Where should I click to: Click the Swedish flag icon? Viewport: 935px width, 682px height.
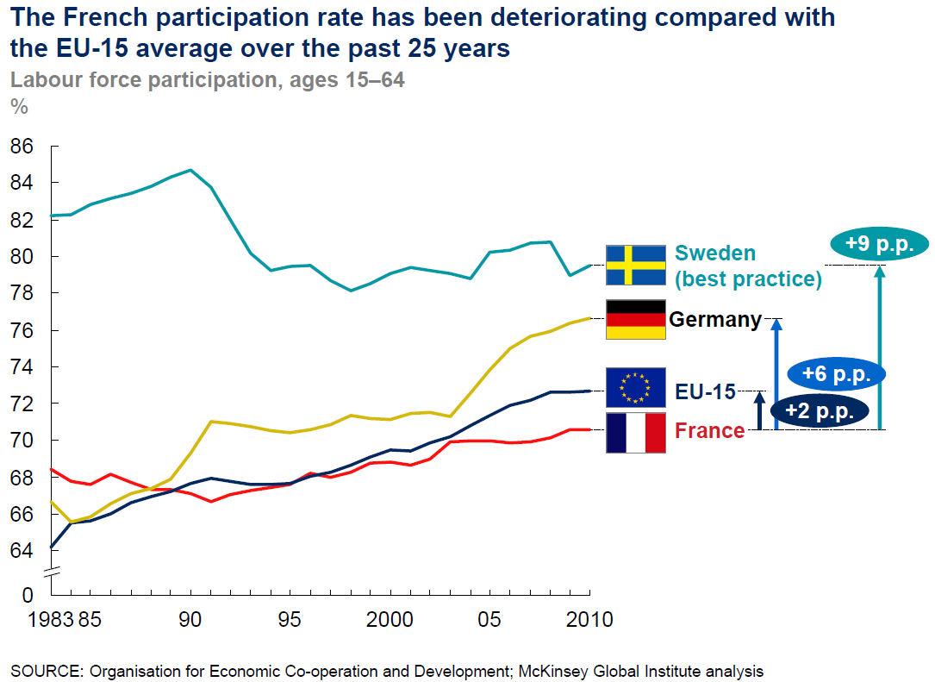pyautogui.click(x=635, y=265)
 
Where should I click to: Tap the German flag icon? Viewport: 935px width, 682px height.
pyautogui.click(x=635, y=319)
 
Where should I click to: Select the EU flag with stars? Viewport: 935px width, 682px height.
pyautogui.click(x=635, y=387)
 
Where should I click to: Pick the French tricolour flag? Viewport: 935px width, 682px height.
pyautogui.click(x=635, y=432)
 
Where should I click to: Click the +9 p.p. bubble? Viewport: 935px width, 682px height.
pyautogui.click(x=878, y=244)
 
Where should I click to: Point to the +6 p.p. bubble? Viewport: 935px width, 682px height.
pyautogui.click(x=836, y=374)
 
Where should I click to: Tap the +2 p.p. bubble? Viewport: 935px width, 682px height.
pyautogui.click(x=819, y=411)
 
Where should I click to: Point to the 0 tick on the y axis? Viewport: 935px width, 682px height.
pyautogui.click(x=28, y=594)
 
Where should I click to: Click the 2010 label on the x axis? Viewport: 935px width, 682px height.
pyautogui.click(x=589, y=619)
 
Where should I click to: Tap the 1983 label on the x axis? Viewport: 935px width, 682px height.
pyautogui.click(x=28, y=619)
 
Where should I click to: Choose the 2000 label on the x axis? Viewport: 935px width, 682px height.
pyautogui.click(x=390, y=619)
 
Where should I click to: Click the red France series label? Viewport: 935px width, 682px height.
pyautogui.click(x=709, y=430)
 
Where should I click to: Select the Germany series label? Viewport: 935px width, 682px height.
pyautogui.click(x=715, y=320)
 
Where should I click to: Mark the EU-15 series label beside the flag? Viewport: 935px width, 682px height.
pyautogui.click(x=705, y=392)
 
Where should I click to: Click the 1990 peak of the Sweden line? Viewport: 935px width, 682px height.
pyautogui.click(x=190, y=170)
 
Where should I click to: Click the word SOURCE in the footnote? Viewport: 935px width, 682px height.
pyautogui.click(x=41, y=670)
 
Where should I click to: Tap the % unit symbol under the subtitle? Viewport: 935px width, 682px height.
pyautogui.click(x=18, y=106)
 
